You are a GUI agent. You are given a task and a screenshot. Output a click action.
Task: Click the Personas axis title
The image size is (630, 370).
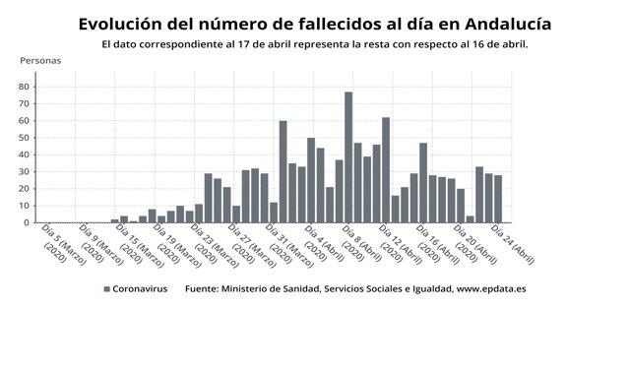point(40,61)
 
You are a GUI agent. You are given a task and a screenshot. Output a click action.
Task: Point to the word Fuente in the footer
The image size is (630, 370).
point(205,289)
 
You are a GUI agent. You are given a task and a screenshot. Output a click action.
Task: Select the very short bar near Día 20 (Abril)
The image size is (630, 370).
point(471,218)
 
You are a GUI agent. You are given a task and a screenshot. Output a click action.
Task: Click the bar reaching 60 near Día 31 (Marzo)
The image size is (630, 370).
point(283,172)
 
